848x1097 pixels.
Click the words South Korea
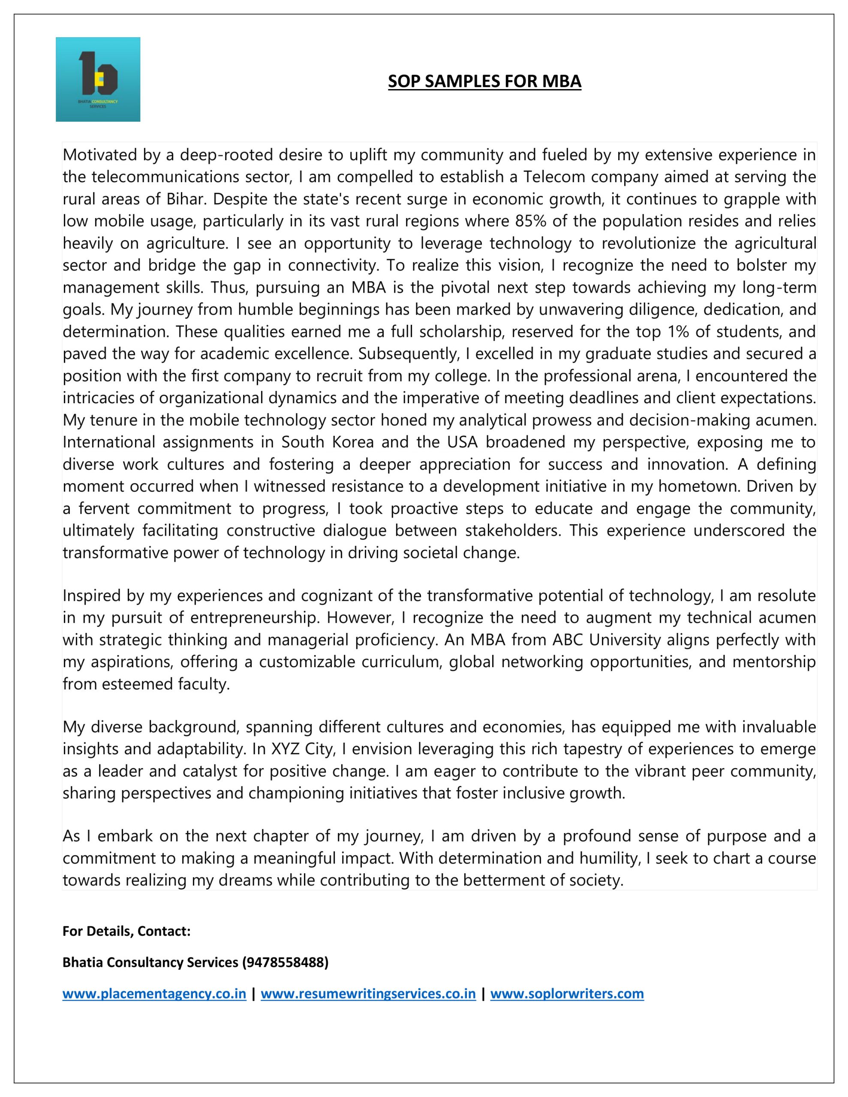tap(327, 443)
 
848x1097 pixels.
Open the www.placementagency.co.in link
tap(154, 994)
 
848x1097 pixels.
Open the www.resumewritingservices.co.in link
tap(368, 994)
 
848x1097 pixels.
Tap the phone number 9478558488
tap(285, 962)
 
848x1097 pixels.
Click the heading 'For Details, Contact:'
tap(126, 931)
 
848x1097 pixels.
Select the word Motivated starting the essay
tap(99, 155)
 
